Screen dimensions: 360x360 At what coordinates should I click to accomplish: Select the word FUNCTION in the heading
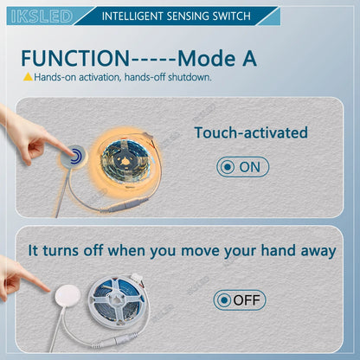click(74, 58)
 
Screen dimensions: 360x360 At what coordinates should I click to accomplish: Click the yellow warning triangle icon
click(27, 77)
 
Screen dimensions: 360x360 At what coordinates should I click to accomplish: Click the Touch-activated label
click(251, 132)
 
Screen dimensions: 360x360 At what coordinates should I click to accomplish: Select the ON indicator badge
click(243, 166)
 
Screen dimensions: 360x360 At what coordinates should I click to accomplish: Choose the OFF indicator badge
click(240, 300)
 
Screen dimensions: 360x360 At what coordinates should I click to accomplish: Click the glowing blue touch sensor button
click(77, 157)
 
